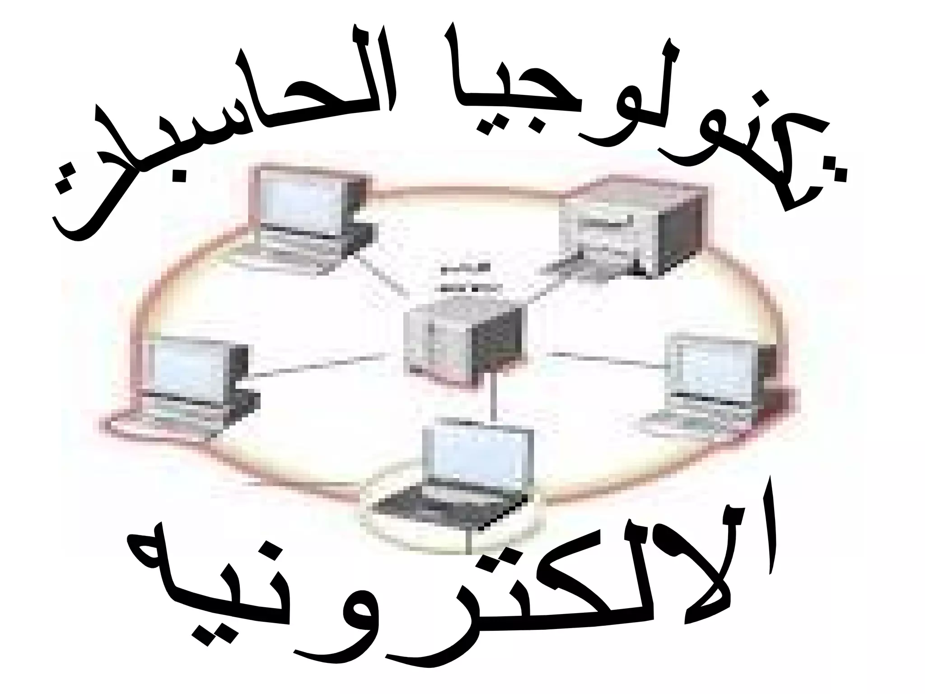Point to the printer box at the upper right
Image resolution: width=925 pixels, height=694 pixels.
[x=632, y=230]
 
